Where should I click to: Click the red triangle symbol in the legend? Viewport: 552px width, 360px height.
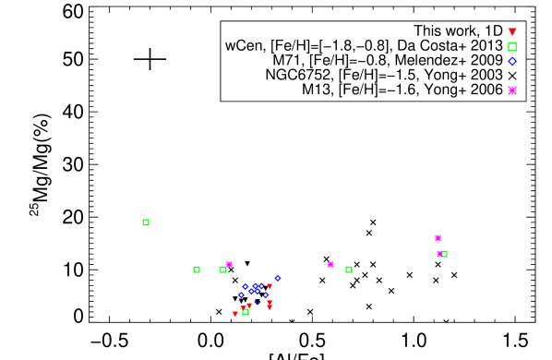512,32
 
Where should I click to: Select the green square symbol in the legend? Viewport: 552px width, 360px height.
512,46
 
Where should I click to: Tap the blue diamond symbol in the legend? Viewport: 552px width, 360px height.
512,61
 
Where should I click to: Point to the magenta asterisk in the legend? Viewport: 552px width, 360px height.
512,90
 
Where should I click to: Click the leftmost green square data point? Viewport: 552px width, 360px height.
146,222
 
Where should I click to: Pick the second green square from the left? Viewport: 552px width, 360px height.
197,270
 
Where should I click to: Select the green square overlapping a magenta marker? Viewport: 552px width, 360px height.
444,254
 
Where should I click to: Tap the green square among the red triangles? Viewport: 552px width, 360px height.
246,312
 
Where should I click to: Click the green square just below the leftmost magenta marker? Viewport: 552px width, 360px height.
222,270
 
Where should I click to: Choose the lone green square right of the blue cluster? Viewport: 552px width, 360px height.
349,270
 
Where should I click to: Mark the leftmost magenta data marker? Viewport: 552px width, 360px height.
229,264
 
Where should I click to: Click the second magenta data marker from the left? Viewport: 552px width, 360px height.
330,265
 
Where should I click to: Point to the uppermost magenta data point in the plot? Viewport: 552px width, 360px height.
438,238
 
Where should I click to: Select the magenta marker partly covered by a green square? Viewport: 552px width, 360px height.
439,254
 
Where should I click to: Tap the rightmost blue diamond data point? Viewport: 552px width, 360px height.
278,278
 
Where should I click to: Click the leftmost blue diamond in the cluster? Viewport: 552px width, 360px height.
242,295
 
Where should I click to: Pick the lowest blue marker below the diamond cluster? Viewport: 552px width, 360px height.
258,302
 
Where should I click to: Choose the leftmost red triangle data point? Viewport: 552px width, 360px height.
234,314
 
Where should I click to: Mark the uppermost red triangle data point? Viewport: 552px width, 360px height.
270,286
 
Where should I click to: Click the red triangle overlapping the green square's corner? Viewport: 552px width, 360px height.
244,308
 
